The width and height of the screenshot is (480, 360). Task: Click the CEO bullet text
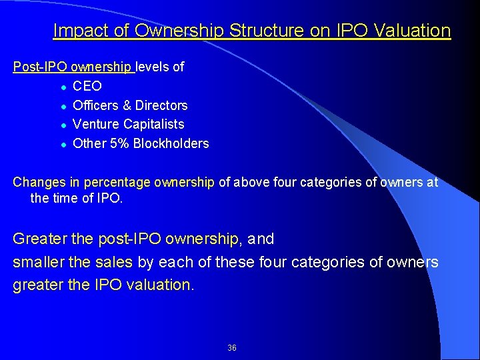(87, 86)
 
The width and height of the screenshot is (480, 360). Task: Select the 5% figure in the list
(118, 143)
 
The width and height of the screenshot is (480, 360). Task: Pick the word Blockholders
(171, 143)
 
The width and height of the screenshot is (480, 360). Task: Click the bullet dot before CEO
(62, 87)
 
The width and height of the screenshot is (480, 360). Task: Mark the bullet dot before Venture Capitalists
(62, 125)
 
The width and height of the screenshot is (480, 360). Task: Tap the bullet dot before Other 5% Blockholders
(62, 144)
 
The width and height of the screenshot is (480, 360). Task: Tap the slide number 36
(232, 348)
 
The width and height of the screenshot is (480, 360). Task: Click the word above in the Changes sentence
(249, 182)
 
